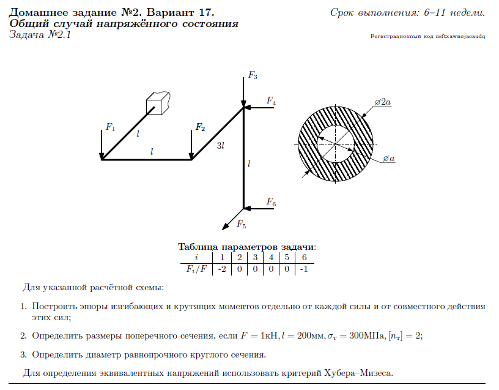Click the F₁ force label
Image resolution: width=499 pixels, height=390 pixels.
(110, 127)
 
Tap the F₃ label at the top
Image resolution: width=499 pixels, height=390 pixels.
(253, 75)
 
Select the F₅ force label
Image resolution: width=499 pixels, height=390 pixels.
(241, 225)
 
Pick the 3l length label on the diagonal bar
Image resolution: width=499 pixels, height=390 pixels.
(220, 146)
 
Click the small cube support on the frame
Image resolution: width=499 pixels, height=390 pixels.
(157, 103)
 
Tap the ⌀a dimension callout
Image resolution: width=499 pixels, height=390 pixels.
(388, 159)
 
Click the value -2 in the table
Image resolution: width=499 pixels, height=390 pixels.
(222, 269)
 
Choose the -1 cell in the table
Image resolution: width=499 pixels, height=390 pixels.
(304, 269)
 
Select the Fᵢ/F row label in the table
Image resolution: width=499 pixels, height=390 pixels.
(195, 269)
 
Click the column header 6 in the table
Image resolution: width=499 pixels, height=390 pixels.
(304, 257)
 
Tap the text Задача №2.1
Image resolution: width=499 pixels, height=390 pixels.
(41, 35)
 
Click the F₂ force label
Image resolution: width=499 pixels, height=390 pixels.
(200, 127)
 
